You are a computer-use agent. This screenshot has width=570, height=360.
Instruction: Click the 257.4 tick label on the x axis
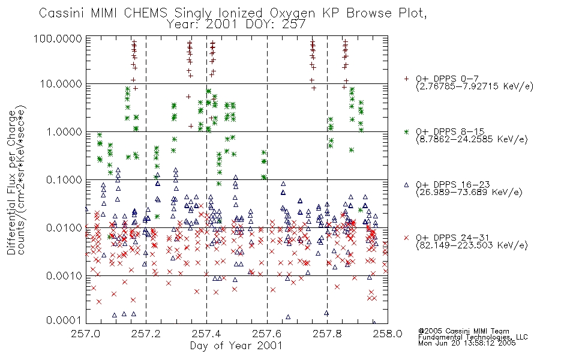(206, 334)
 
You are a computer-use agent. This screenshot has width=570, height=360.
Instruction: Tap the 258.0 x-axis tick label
(388, 334)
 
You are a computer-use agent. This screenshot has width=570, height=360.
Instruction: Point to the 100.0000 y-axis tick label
(58, 38)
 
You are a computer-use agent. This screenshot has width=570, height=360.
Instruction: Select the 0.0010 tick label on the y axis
(64, 275)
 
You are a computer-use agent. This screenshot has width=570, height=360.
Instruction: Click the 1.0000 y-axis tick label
(64, 131)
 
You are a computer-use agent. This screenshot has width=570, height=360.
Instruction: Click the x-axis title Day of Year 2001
(236, 346)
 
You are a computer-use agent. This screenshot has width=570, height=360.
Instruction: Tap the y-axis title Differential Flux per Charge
(11, 182)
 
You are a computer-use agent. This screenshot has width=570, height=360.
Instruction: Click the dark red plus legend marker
(407, 79)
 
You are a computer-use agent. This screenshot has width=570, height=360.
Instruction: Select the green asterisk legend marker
(407, 131)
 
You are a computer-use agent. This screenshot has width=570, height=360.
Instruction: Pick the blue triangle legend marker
(407, 185)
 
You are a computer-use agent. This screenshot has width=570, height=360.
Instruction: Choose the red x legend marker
(407, 238)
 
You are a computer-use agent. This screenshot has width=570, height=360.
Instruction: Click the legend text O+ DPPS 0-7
(448, 79)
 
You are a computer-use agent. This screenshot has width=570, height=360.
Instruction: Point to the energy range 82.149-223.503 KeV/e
(472, 245)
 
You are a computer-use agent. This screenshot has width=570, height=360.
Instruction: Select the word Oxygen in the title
(293, 13)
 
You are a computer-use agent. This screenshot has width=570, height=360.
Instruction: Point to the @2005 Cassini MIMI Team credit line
(464, 331)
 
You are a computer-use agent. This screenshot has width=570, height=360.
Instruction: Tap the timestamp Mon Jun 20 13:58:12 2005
(467, 343)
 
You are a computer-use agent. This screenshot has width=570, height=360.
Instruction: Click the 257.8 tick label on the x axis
(327, 334)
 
